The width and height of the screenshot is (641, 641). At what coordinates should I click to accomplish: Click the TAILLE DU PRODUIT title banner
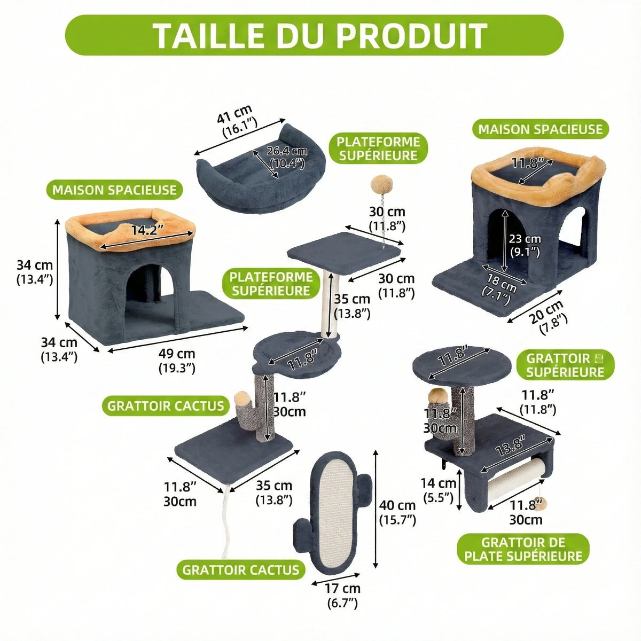pyautogui.click(x=314, y=35)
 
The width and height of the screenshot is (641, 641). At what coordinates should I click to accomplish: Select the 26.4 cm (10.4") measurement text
pyautogui.click(x=287, y=157)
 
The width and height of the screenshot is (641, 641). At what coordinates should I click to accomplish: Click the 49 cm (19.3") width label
pyautogui.click(x=177, y=360)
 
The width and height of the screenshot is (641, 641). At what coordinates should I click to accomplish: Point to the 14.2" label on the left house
pyautogui.click(x=147, y=230)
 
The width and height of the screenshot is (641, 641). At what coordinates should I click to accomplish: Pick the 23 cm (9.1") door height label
pyautogui.click(x=525, y=246)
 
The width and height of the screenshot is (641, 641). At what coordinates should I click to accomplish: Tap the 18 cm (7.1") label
pyautogui.click(x=499, y=288)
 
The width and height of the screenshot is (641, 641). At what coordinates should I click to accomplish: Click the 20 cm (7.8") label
pyautogui.click(x=547, y=316)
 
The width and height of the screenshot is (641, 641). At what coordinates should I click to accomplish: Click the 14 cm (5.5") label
pyautogui.click(x=439, y=490)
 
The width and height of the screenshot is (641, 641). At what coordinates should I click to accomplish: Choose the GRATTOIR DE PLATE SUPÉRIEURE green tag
pyautogui.click(x=523, y=549)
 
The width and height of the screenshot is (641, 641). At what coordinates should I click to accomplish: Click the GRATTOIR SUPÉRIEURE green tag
pyautogui.click(x=565, y=365)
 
